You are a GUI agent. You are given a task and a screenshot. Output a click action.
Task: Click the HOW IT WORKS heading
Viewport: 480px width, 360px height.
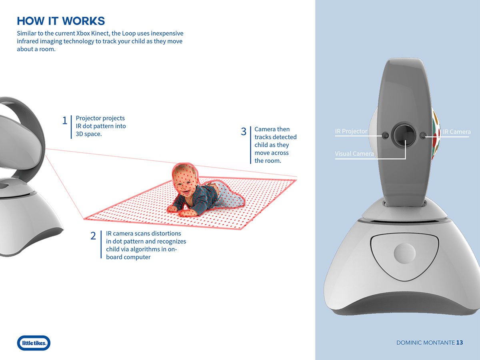(61, 21)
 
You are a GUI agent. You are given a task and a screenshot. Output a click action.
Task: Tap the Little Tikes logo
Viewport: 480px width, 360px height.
(34, 343)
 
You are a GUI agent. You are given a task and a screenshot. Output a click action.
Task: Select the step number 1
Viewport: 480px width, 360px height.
(65, 121)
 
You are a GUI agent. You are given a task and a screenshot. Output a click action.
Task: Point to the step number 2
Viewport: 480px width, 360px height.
(93, 236)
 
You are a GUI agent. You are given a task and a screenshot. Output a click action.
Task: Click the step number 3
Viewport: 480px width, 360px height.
(244, 132)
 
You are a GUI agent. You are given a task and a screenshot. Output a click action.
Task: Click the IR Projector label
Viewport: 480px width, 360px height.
(351, 132)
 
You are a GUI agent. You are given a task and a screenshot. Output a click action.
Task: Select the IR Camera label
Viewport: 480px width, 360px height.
(456, 132)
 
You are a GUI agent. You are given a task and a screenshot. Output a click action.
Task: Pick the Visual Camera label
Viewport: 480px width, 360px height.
(354, 154)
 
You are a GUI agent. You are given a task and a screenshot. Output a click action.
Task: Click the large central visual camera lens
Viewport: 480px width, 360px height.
(405, 135)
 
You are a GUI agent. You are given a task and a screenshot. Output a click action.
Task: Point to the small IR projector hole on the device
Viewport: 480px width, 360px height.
(385, 136)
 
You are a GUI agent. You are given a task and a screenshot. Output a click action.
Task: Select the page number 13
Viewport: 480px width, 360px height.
(459, 343)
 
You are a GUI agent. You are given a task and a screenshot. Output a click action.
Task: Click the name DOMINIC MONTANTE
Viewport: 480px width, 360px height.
(425, 343)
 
